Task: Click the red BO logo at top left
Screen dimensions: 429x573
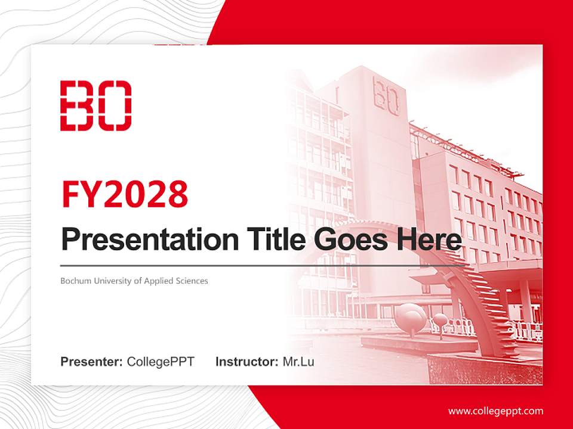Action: (x=95, y=105)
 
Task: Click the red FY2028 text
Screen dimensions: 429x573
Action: (x=125, y=194)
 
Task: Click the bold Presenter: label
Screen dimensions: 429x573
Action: (x=92, y=362)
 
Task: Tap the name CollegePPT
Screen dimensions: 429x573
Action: (x=161, y=362)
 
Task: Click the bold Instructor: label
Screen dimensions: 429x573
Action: (x=247, y=362)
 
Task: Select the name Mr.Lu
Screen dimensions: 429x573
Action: (x=298, y=362)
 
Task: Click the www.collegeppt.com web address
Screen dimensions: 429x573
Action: (x=495, y=411)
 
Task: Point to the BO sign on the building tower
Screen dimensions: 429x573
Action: (x=386, y=95)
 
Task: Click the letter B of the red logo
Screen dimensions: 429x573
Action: (x=77, y=105)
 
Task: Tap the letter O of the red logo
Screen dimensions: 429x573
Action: (x=115, y=105)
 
